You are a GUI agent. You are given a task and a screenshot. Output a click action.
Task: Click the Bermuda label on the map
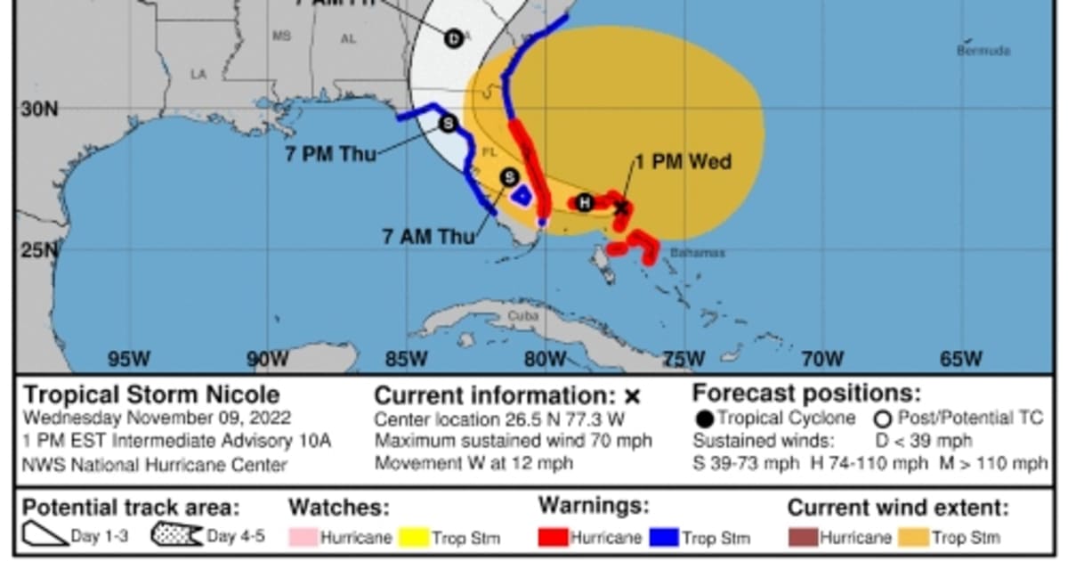(x=983, y=51)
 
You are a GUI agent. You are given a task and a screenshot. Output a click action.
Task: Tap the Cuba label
(x=523, y=316)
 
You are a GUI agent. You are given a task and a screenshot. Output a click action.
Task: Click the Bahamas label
(x=697, y=253)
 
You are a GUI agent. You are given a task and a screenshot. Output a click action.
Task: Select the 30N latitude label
(x=38, y=109)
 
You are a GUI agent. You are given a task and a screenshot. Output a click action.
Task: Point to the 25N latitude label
(x=38, y=249)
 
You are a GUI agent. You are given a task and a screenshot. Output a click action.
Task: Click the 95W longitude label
(x=128, y=360)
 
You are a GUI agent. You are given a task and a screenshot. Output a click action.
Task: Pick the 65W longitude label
(x=961, y=360)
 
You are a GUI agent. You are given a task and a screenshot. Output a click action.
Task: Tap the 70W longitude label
(x=822, y=360)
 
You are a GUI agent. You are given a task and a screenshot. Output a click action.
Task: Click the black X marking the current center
(x=622, y=208)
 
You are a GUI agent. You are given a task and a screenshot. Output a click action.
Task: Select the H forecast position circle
(x=584, y=203)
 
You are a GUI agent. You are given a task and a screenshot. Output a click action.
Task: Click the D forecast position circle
(x=454, y=38)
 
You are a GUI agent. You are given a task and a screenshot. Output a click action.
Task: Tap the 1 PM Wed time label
(x=683, y=162)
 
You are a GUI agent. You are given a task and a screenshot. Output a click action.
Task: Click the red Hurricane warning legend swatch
(x=553, y=538)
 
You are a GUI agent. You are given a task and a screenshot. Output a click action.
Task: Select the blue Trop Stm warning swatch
(x=665, y=538)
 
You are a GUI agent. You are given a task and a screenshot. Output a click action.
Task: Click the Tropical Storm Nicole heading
(x=151, y=394)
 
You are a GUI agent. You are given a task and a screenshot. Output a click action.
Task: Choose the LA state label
(x=198, y=75)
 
